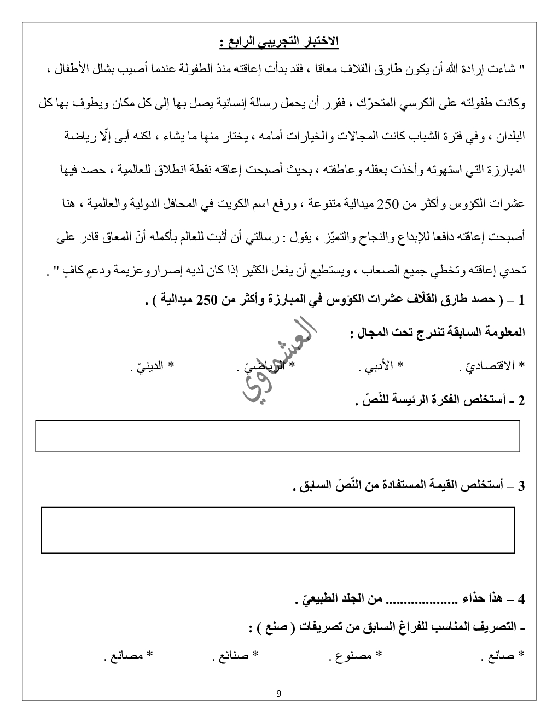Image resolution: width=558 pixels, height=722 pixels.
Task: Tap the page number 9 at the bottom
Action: coord(279,694)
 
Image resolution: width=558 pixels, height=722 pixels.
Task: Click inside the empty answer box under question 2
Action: coord(278,436)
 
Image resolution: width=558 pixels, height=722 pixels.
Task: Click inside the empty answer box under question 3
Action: coord(278,530)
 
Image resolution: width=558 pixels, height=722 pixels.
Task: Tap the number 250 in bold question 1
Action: coord(207,300)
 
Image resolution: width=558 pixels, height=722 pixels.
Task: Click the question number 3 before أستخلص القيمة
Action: coord(520,486)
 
